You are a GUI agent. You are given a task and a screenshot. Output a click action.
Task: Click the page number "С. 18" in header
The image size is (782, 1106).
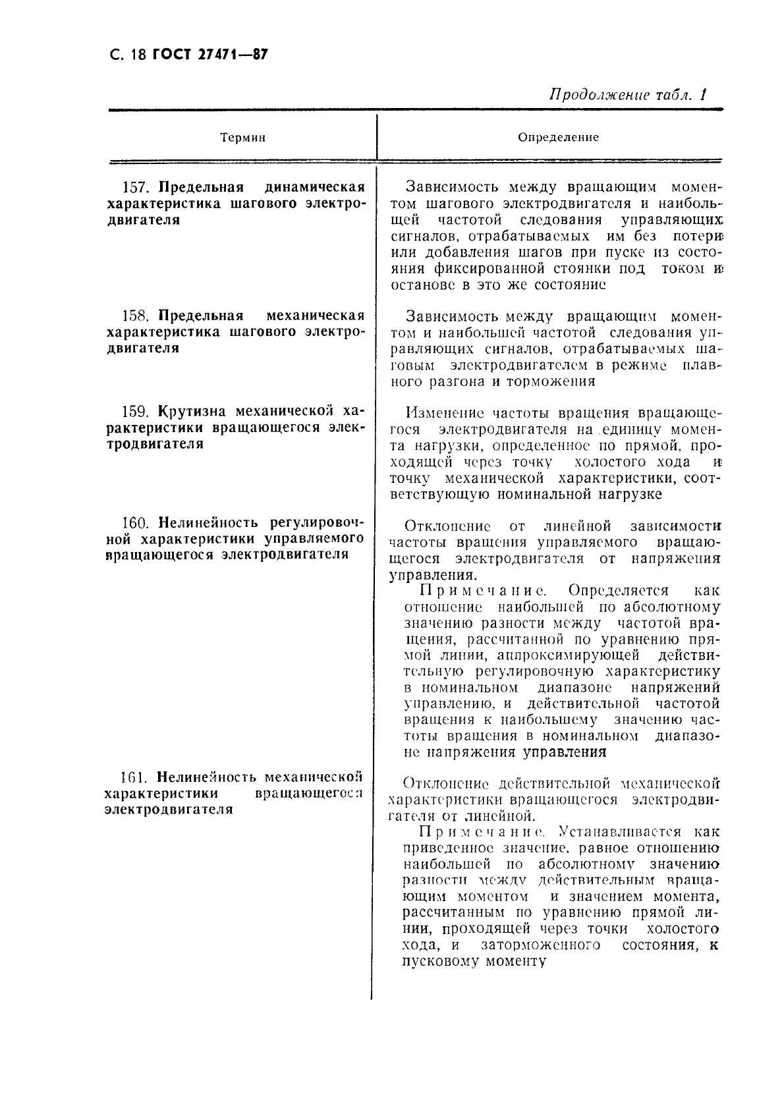tap(126, 55)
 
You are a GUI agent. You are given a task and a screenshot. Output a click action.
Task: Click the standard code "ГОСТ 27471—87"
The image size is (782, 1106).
tap(210, 55)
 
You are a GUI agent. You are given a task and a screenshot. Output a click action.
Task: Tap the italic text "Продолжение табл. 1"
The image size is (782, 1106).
tap(627, 94)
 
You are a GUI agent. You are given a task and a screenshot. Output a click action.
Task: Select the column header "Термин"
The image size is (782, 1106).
tap(243, 138)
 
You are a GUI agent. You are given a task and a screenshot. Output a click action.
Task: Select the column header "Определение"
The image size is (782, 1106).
tap(558, 138)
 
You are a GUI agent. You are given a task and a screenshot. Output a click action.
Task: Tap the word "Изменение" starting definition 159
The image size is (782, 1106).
tap(444, 414)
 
